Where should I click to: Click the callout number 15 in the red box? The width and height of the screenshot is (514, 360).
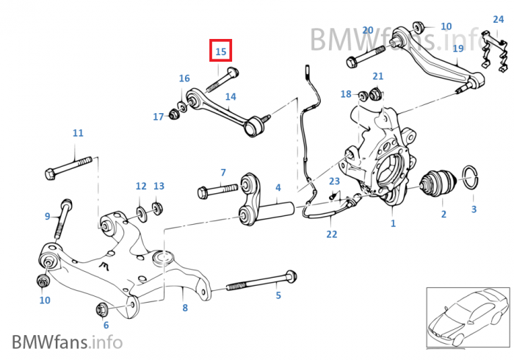pos(221,51)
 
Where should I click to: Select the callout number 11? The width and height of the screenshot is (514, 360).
pos(78,133)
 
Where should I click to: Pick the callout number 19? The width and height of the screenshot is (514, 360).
pos(457,48)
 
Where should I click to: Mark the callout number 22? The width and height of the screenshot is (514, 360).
pos(332,234)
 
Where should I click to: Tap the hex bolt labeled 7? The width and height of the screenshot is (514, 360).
pos(213,192)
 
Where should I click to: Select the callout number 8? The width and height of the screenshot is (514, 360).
pos(184,308)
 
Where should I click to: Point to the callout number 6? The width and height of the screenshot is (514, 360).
pos(106,325)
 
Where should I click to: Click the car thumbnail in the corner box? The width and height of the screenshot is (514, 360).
pos(467,317)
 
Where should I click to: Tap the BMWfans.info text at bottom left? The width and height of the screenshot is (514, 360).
pos(67,342)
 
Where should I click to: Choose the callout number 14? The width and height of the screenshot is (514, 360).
pos(231,96)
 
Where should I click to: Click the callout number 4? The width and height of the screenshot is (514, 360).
pos(278,188)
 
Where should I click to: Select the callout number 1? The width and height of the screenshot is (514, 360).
pos(393,223)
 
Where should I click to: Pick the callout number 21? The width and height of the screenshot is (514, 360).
pos(377,76)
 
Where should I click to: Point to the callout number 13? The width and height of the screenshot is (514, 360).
pos(159,186)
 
